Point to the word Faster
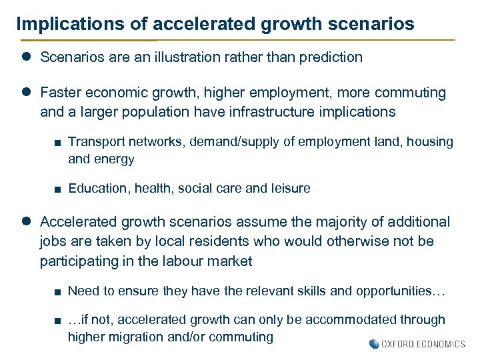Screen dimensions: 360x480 click(x=61, y=93)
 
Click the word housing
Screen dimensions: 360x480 click(x=430, y=142)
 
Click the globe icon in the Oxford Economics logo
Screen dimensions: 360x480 click(x=374, y=344)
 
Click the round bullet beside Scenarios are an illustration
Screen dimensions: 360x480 click(x=27, y=57)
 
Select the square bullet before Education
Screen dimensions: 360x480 click(x=59, y=189)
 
